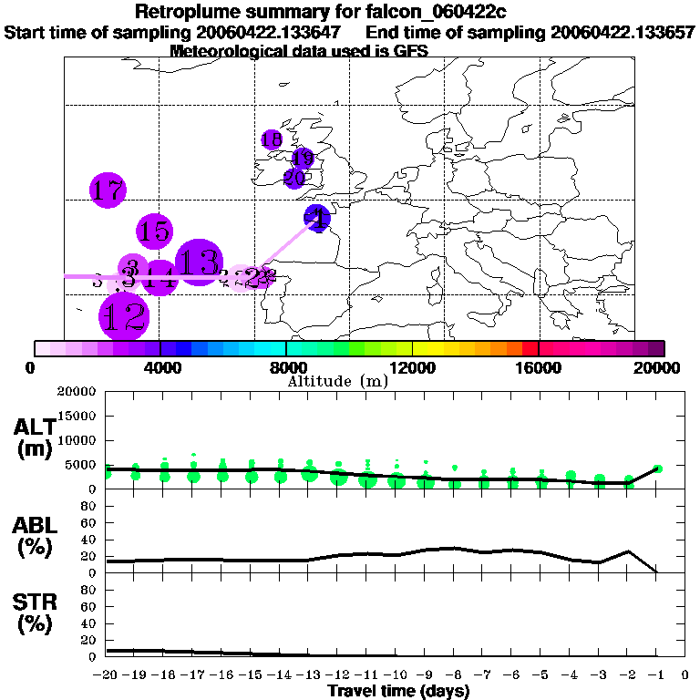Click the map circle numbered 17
(x=108, y=190)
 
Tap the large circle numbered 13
(x=196, y=262)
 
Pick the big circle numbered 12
(x=123, y=316)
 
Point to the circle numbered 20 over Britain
(x=294, y=178)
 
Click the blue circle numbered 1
(x=318, y=218)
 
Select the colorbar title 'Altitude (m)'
(x=337, y=381)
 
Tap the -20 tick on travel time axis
(x=106, y=674)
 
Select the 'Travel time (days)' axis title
(x=398, y=691)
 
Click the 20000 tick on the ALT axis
(x=77, y=392)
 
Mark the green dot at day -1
(x=657, y=468)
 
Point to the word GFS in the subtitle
(x=410, y=51)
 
